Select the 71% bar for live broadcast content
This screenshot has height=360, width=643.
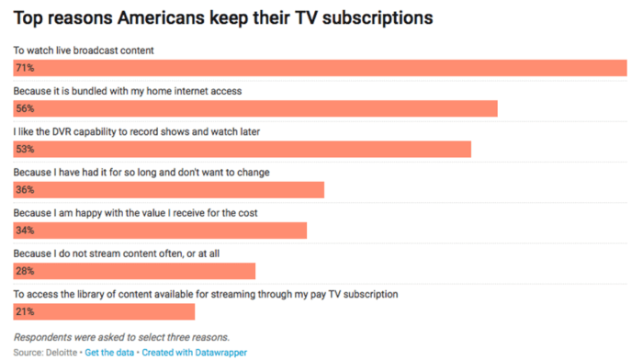click(331, 68)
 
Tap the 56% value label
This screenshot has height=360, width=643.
click(25, 108)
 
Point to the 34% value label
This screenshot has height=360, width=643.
click(25, 231)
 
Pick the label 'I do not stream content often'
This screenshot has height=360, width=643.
click(117, 253)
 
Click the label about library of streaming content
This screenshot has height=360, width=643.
click(206, 294)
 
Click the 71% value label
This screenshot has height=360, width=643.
click(25, 68)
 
